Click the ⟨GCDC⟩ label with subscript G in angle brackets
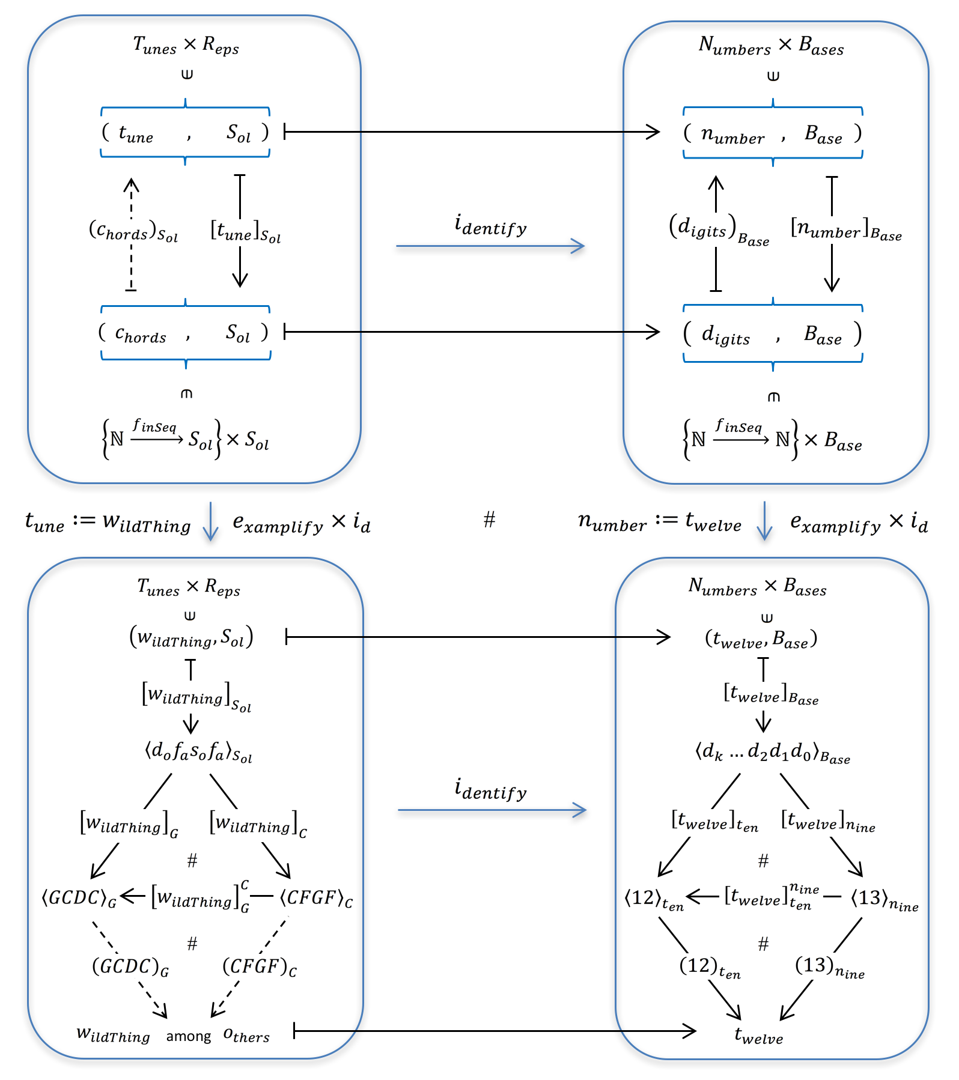pyautogui.click(x=79, y=898)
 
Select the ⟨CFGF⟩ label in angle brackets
pyautogui.click(x=316, y=898)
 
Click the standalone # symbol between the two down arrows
pyautogui.click(x=489, y=520)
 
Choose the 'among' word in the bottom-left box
pyautogui.click(x=189, y=1036)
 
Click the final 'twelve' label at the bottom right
pyautogui.click(x=758, y=1035)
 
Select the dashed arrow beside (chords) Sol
pyautogui.click(x=131, y=234)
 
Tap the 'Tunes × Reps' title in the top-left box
pyautogui.click(x=186, y=45)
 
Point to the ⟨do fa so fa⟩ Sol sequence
pyautogui.click(x=198, y=752)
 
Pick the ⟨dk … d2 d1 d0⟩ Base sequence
pyautogui.click(x=772, y=753)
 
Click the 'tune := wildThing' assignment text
pyautogui.click(x=108, y=521)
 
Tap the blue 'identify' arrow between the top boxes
pyautogui.click(x=490, y=246)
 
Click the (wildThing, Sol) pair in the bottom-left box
pyautogui.click(x=191, y=637)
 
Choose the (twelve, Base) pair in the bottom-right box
pyautogui.click(x=761, y=639)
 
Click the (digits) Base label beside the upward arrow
pyautogui.click(x=719, y=230)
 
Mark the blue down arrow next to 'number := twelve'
pyautogui.click(x=764, y=521)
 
